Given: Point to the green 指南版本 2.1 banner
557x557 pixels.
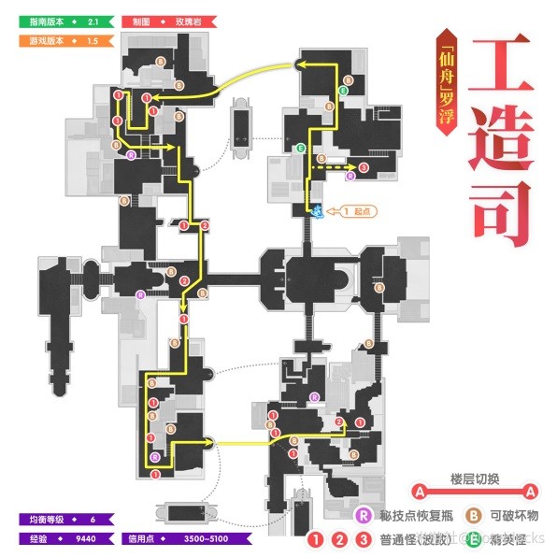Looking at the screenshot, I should [65, 20].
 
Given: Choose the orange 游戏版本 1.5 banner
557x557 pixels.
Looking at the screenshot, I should [65, 40].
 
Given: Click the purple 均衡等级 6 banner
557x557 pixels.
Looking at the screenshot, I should [64, 519].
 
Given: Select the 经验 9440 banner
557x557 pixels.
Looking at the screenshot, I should [64, 538].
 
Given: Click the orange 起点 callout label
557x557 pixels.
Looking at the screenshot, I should [357, 212].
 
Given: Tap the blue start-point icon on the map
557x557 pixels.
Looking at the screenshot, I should [318, 212].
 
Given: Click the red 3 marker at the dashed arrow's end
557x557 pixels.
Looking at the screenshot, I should [364, 167].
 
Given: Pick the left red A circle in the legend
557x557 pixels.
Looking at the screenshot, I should [421, 492].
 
